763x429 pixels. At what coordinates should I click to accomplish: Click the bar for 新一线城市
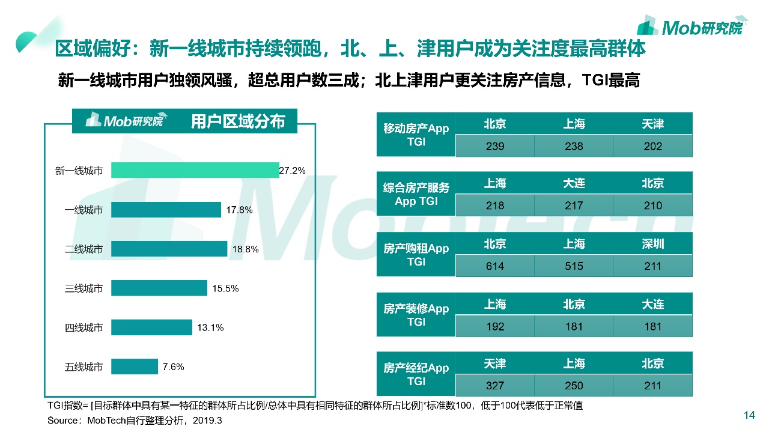[x=195, y=171]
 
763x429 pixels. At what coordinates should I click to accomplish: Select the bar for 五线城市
[x=135, y=367]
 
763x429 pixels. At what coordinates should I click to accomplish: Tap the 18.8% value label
[x=246, y=249]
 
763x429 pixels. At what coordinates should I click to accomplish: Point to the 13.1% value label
[x=210, y=327]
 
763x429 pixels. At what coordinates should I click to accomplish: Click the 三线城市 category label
[x=84, y=288]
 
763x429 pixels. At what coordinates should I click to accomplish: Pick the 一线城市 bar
[x=166, y=210]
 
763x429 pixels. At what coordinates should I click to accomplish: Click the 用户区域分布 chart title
[x=237, y=122]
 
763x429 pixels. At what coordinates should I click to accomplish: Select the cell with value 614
[x=495, y=266]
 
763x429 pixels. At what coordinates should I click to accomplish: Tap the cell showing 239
[x=495, y=146]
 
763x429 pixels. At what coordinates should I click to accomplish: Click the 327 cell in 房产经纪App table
[x=495, y=386]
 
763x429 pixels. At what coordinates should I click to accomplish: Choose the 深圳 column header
[x=652, y=244]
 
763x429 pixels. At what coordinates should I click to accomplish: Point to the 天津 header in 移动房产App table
[x=652, y=124]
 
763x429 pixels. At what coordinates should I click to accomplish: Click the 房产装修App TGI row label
[x=416, y=315]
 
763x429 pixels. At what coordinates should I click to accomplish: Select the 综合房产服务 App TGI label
[x=416, y=195]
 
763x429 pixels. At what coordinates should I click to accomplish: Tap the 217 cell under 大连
[x=574, y=205]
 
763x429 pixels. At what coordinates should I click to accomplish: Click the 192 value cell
[x=495, y=327]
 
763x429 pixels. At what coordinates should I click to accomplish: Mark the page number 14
[x=749, y=415]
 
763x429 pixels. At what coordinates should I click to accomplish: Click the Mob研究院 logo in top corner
[x=692, y=26]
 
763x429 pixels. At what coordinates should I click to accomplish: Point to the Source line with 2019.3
[x=135, y=421]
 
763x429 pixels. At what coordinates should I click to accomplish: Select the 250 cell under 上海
[x=574, y=386]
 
